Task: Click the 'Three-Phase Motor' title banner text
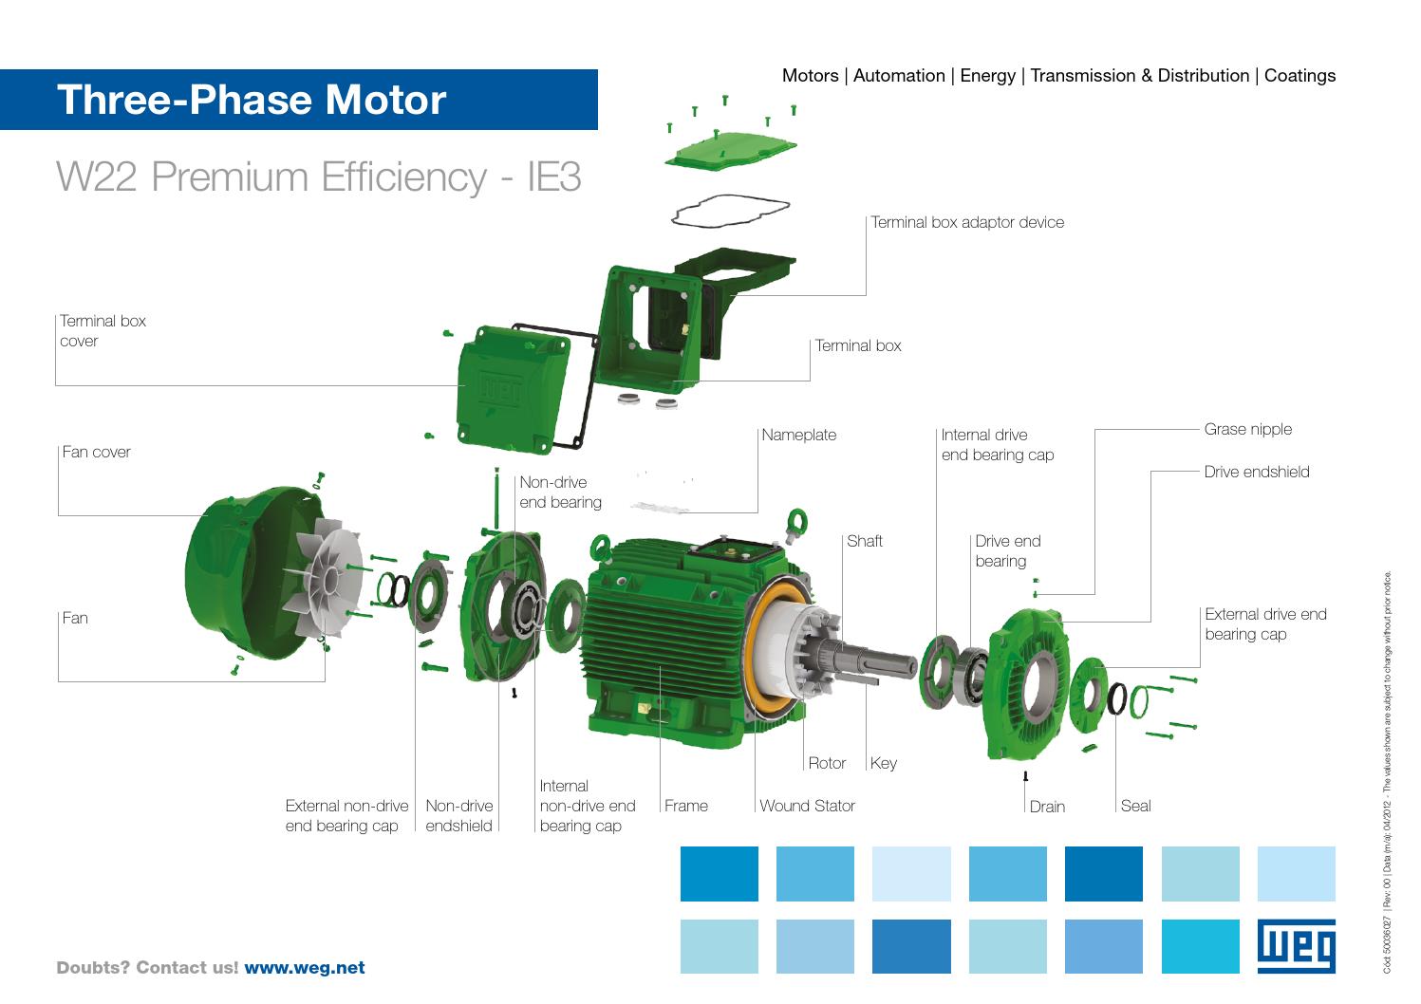[251, 100]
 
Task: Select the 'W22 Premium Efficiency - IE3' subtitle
[319, 177]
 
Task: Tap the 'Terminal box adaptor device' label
[967, 222]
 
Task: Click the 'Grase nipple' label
[1247, 429]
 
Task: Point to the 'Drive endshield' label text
[1256, 472]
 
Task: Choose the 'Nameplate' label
[798, 435]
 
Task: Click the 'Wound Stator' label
[807, 806]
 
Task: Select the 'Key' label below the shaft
[883, 763]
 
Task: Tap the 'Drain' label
[1047, 807]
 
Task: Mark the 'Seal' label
[1135, 806]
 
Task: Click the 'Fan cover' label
[96, 452]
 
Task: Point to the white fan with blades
[318, 580]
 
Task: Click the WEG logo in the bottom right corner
[1296, 946]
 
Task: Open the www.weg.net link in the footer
[305, 968]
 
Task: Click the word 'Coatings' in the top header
[1299, 76]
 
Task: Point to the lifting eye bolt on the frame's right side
[795, 522]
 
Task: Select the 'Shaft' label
[864, 541]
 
